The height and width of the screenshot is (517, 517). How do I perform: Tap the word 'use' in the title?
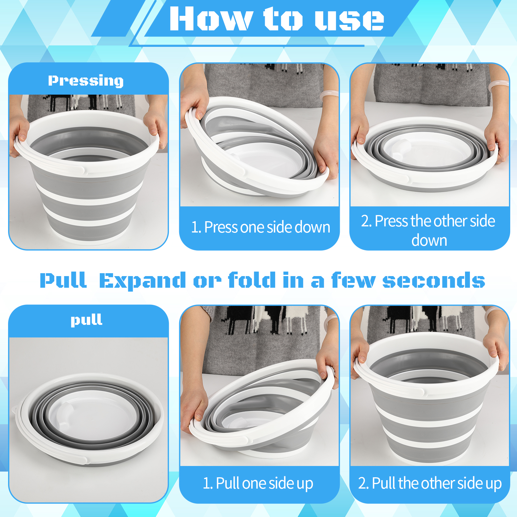coord(349,20)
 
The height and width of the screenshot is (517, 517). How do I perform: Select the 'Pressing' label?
coord(86,80)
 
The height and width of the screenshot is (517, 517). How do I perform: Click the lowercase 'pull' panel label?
coord(87,320)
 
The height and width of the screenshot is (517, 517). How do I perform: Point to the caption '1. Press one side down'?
coord(261,227)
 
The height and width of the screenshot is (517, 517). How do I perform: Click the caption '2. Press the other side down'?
coord(429,230)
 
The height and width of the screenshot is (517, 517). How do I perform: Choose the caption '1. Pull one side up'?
coord(258,483)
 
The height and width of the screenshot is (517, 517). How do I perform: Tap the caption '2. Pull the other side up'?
coord(430,483)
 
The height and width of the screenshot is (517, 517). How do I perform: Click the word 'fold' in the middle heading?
coord(252,280)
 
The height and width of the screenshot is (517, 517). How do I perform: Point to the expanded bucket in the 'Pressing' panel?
coord(87,174)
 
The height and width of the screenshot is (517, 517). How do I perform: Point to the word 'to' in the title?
coord(283,19)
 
